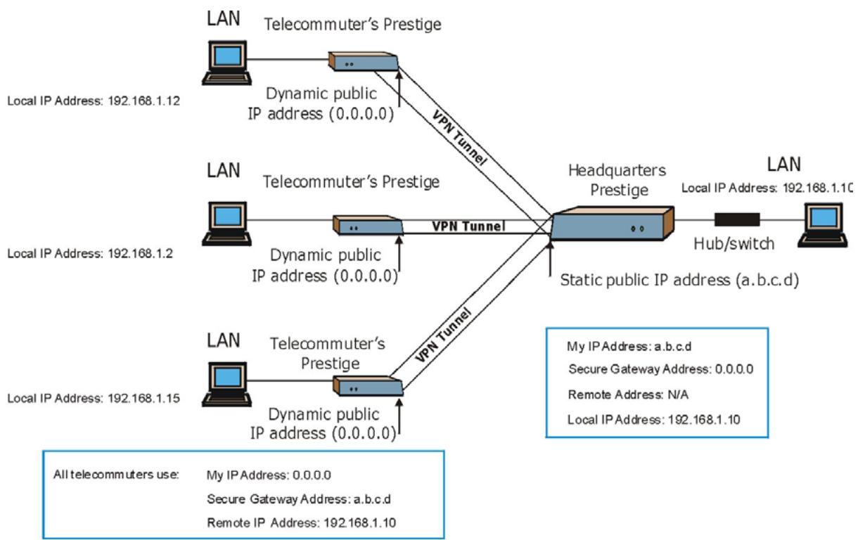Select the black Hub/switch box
pos(737,219)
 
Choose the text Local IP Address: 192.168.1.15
pos(94,398)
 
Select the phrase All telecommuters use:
pos(117,475)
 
